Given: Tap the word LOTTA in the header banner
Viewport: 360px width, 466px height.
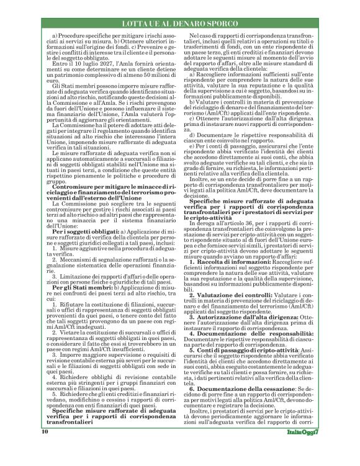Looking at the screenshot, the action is tap(137, 23).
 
